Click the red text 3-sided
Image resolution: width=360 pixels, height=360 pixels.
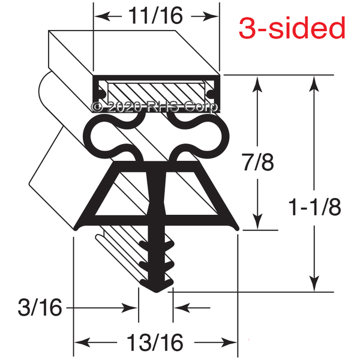[x=292, y=28]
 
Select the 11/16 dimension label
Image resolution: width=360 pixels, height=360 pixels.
[x=155, y=16]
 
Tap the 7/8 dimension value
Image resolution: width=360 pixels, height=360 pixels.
[x=257, y=163]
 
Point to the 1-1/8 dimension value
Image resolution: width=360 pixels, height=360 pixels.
[x=314, y=207]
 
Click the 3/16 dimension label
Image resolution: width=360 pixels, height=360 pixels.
[x=40, y=307]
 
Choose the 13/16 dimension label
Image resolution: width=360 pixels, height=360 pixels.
[x=155, y=343]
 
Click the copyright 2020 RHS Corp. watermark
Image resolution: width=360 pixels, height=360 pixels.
[x=154, y=107]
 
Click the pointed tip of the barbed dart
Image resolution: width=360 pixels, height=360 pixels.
[x=157, y=292]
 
